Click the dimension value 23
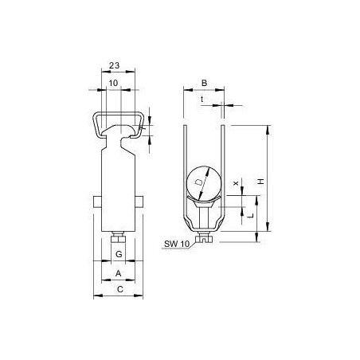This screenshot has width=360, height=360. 114,65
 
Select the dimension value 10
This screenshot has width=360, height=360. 113,83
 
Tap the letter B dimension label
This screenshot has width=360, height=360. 204,83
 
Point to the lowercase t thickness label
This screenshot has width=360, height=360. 202,100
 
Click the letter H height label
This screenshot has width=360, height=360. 261,182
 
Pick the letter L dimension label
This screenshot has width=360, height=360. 251,215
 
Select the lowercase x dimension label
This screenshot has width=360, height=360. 236,183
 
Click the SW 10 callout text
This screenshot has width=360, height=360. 176,244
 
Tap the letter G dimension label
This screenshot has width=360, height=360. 119,254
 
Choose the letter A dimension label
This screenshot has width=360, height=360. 119,273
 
